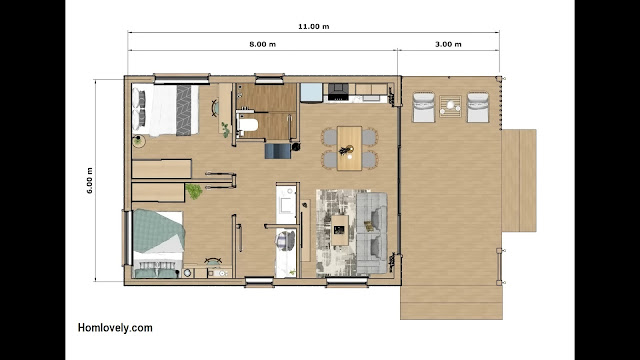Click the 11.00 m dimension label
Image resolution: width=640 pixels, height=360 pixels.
click(x=313, y=27)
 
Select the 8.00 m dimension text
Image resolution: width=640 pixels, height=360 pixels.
click(x=262, y=44)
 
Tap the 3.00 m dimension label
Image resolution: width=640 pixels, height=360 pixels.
click(x=448, y=44)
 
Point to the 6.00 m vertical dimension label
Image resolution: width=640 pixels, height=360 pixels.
click(x=90, y=180)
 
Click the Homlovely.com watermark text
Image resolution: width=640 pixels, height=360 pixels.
click(x=115, y=328)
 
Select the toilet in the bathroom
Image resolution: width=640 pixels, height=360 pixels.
click(x=247, y=125)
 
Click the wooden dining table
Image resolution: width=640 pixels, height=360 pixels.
click(x=349, y=148)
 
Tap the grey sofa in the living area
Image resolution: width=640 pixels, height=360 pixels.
click(x=372, y=233)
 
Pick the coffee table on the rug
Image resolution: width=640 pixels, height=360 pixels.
click(x=340, y=230)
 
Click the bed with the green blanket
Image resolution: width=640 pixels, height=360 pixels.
click(x=158, y=244)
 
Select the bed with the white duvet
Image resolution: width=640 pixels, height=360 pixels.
click(x=165, y=110)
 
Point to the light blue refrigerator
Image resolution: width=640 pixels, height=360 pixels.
click(x=311, y=92)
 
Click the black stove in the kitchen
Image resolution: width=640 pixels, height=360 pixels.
click(x=338, y=92)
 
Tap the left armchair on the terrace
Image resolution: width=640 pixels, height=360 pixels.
click(x=424, y=107)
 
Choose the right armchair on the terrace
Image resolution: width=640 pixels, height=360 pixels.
click(x=478, y=107)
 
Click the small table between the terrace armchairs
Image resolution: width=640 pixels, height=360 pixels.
click(x=451, y=107)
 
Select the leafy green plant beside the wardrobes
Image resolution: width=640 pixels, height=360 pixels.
click(x=194, y=191)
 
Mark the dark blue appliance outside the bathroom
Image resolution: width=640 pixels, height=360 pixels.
click(x=278, y=151)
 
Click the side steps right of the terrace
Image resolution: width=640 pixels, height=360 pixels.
click(x=519, y=180)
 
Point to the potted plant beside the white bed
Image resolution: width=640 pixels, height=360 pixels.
click(x=139, y=141)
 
